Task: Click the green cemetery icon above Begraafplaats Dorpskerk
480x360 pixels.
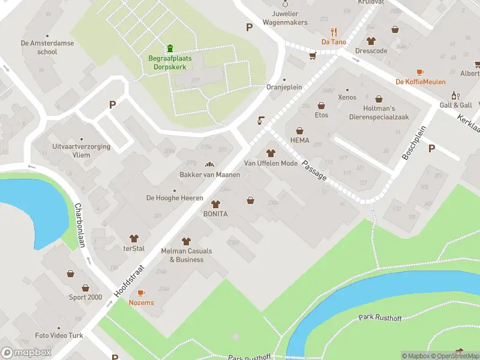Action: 170,49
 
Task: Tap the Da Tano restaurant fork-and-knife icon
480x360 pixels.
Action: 334,32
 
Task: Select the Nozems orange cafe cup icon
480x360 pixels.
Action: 141,293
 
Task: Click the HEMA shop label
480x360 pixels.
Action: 299,140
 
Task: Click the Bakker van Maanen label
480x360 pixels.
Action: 209,175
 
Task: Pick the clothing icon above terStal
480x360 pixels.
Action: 134,239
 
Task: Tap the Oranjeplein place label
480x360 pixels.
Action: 284,87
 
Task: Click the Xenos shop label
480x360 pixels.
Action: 347,97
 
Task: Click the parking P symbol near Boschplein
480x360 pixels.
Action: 431,148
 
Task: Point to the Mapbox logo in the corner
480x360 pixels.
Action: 26,353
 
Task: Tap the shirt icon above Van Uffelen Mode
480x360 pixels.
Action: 270,154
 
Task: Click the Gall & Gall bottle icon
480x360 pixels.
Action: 455,95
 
